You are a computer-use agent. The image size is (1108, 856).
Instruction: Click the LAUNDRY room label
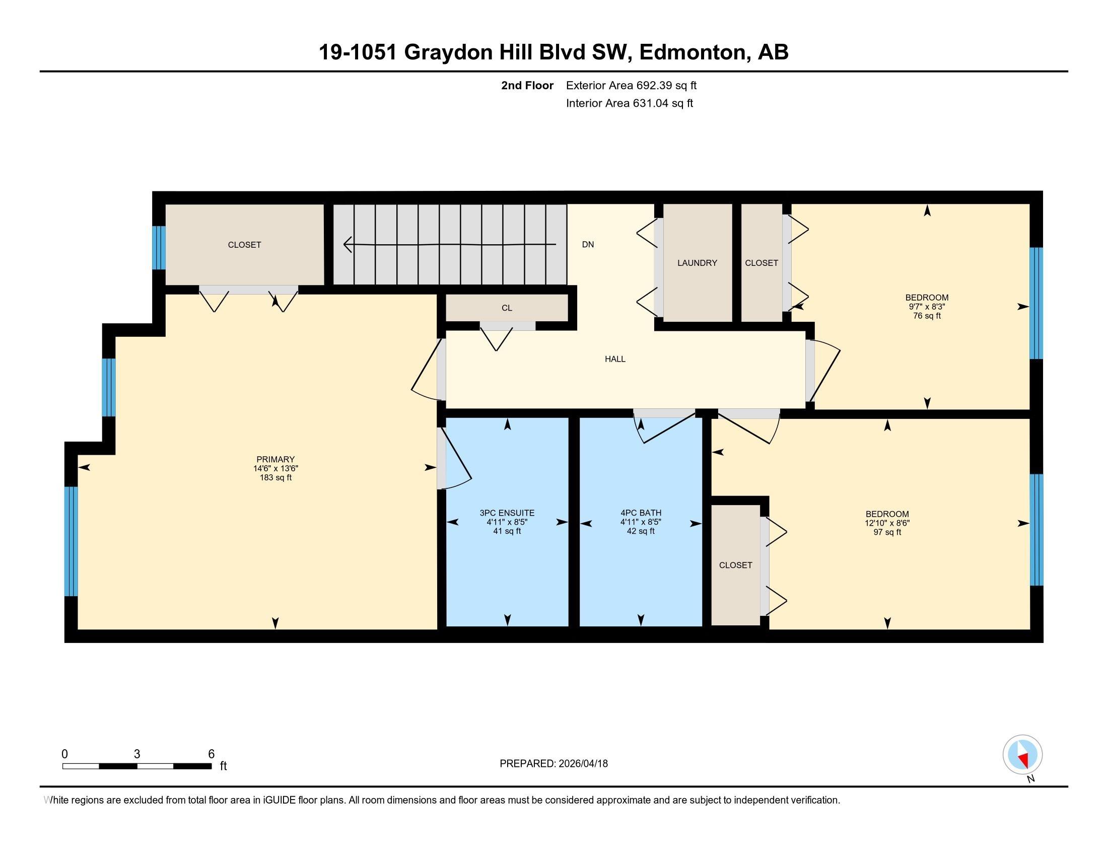(697, 263)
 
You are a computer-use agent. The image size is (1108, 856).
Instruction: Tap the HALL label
(615, 359)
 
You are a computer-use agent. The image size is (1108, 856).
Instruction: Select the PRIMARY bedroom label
(275, 459)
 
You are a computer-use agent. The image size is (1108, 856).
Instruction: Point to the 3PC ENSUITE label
(507, 513)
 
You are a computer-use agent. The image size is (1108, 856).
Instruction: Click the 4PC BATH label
(641, 513)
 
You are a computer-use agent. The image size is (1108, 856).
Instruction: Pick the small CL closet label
(507, 308)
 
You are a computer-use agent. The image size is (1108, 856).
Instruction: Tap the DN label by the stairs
(588, 244)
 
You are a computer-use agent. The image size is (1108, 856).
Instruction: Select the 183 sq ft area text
(275, 478)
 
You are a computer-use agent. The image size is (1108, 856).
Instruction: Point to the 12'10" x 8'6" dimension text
(887, 523)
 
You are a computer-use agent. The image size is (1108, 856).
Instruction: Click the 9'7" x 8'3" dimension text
(927, 307)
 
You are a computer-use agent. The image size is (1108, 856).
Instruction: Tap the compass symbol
(1023, 754)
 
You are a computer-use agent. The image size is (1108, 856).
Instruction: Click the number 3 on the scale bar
(137, 754)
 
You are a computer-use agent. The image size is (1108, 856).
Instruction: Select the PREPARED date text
(553, 764)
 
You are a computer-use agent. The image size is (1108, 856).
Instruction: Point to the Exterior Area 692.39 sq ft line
(631, 85)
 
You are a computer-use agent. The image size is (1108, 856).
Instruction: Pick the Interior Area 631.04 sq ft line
(630, 103)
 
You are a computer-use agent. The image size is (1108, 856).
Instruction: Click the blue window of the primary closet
(159, 247)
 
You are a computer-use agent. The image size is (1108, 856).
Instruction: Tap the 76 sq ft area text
(927, 316)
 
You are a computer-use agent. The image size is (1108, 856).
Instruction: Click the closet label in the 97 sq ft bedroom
(736, 565)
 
